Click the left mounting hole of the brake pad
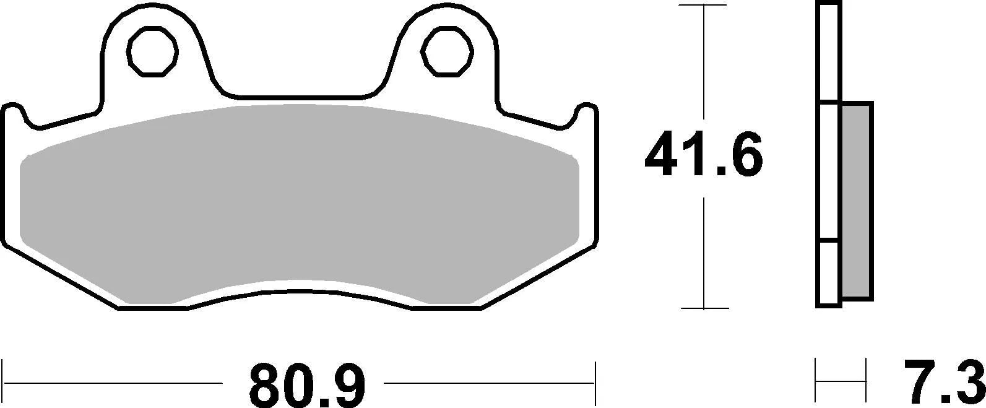152,52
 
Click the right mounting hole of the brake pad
446,52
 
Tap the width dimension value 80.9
308,384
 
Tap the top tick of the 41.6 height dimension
704,6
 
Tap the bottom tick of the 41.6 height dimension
704,308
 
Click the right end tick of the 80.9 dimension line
595,383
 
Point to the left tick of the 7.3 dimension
817,383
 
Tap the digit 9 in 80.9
350,384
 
